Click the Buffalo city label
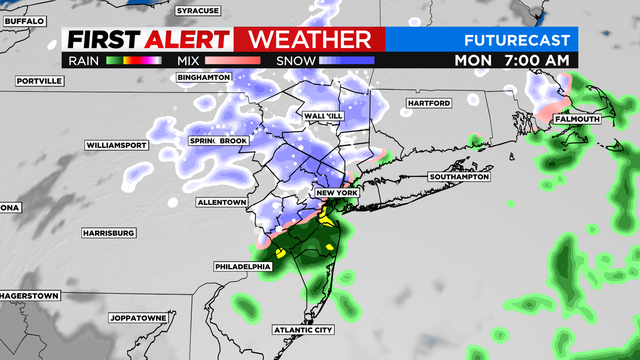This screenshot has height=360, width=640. (x=24, y=20)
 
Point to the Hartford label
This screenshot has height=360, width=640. (x=431, y=103)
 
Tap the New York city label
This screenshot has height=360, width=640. (x=336, y=192)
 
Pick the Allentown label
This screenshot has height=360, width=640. (x=221, y=202)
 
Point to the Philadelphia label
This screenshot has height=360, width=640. (x=242, y=267)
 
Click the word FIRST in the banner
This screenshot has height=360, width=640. (x=101, y=40)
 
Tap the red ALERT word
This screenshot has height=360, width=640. (x=188, y=40)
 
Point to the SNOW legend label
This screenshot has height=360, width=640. (x=295, y=60)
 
